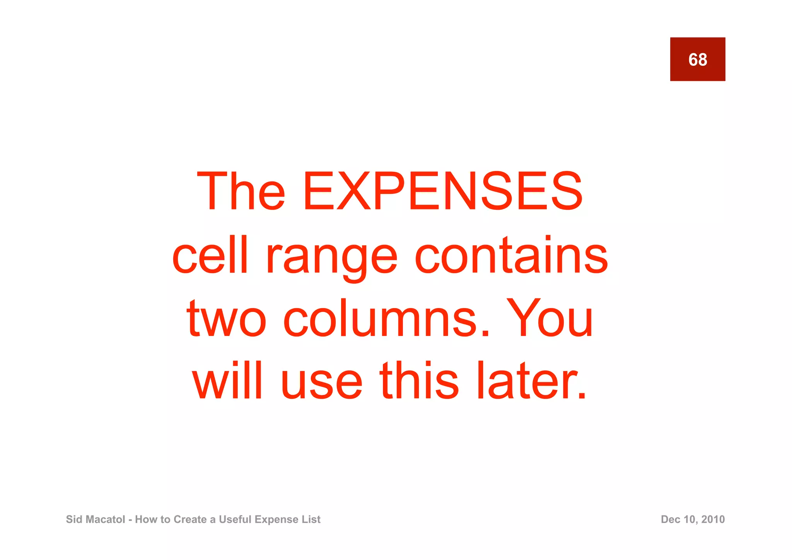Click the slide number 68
[x=697, y=60]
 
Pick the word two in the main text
[x=226, y=319]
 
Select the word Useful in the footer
[x=235, y=519]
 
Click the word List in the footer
[x=311, y=519]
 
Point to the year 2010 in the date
[x=713, y=519]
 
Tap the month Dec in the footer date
[x=670, y=519]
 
